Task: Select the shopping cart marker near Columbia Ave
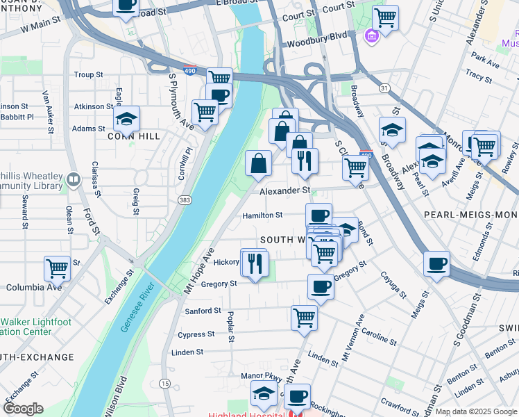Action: [57, 268]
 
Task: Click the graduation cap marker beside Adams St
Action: [126, 119]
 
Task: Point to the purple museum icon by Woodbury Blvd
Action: [372, 35]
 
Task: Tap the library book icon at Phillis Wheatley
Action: [73, 181]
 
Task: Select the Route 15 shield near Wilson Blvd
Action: [164, 384]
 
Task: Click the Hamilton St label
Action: [262, 215]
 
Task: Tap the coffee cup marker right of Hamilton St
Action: [318, 215]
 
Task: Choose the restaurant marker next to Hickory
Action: [255, 263]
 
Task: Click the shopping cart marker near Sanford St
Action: [304, 318]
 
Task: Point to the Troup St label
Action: [88, 74]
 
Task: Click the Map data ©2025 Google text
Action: [476, 411]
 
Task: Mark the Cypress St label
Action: [196, 334]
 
